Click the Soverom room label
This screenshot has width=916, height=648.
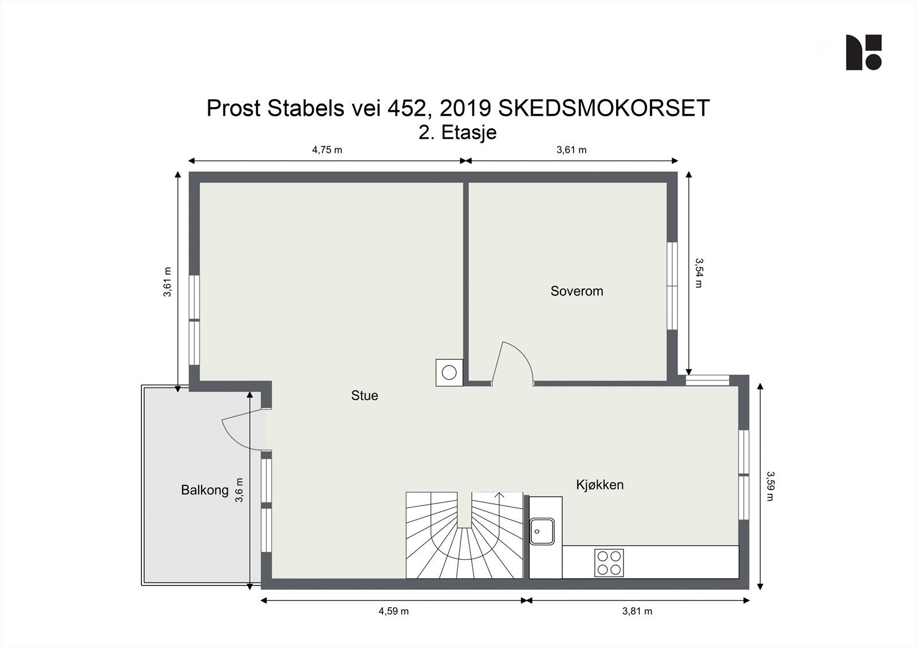[x=577, y=291]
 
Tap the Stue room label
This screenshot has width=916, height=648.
[x=365, y=395]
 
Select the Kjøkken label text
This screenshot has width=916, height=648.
[x=599, y=485]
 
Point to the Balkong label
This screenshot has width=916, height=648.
[x=204, y=490]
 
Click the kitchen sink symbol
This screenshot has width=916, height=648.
[x=541, y=531]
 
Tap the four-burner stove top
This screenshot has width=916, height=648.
[x=609, y=562]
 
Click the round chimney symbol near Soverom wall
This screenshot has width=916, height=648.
[x=449, y=372]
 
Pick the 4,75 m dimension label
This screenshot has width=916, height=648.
[x=327, y=150]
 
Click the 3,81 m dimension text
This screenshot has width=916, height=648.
[x=637, y=611]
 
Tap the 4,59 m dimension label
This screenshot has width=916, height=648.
[x=393, y=611]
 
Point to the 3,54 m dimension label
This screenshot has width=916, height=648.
[x=698, y=272]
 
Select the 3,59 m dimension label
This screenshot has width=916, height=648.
[x=770, y=486]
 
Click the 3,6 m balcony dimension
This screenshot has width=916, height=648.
[x=240, y=490]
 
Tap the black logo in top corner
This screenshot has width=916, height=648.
[x=863, y=52]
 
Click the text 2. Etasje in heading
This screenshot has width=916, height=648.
[x=457, y=132]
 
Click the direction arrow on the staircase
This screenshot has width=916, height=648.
[x=499, y=496]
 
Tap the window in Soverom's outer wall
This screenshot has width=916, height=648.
[x=672, y=285]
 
